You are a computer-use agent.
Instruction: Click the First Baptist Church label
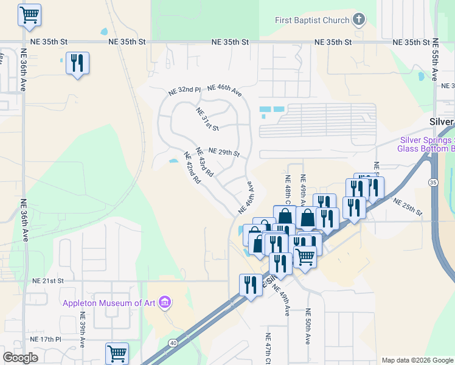[311, 20]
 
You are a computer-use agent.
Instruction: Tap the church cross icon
[359, 19]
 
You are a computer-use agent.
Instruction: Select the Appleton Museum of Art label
[108, 302]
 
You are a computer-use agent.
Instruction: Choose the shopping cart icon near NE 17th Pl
[116, 352]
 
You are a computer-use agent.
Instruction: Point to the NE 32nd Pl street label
[184, 91]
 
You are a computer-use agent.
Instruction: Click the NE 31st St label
[207, 119]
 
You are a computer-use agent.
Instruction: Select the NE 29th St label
[224, 151]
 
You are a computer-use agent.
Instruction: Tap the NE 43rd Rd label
[204, 162]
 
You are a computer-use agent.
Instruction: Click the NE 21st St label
[48, 281]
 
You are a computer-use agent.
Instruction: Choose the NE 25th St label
[408, 207]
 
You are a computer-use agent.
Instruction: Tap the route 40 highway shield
[174, 343]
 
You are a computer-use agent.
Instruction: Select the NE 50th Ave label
[308, 329]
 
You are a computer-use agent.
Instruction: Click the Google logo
[20, 358]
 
